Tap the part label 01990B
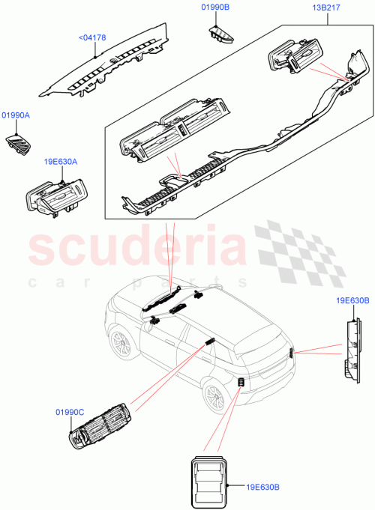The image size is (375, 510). click(x=215, y=7)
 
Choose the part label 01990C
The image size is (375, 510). click(x=70, y=413)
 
